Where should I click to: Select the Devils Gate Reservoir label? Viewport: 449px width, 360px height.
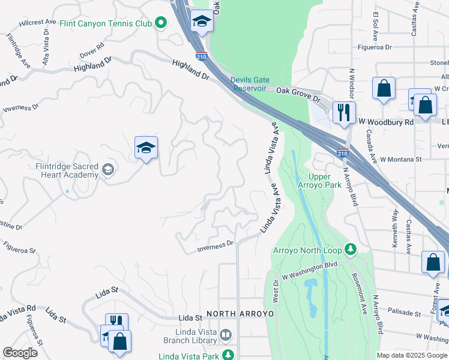tap(250, 84)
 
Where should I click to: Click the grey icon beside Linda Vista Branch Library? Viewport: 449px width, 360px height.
tap(226, 334)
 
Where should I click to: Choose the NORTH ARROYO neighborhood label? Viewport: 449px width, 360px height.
tap(240, 314)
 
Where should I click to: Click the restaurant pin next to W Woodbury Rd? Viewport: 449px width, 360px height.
tap(344, 112)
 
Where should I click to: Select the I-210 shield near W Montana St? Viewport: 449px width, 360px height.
tap(342, 153)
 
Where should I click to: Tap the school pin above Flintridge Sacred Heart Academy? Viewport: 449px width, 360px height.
tap(146, 148)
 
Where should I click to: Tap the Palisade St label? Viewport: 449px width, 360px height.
tap(404, 313)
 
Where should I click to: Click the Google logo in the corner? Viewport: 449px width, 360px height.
tap(20, 353)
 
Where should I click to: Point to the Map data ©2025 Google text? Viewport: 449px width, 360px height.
tap(411, 355)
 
